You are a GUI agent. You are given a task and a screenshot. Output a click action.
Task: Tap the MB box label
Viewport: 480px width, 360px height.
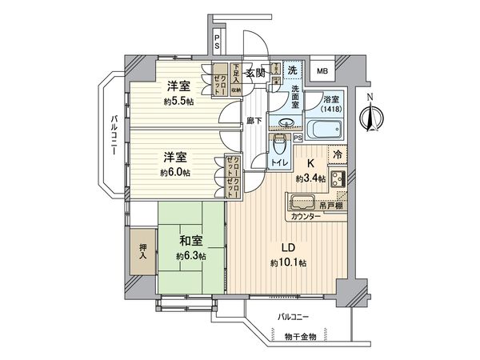click(323, 71)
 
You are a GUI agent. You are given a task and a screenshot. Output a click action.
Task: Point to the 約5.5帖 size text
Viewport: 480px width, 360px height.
click(178, 102)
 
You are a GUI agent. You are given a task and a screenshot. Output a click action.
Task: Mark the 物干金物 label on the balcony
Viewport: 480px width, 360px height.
click(302, 336)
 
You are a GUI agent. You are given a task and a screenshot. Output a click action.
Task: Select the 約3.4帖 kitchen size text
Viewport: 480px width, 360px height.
click(309, 179)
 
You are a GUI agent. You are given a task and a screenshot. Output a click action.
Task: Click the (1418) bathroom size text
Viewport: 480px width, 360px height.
click(330, 108)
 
